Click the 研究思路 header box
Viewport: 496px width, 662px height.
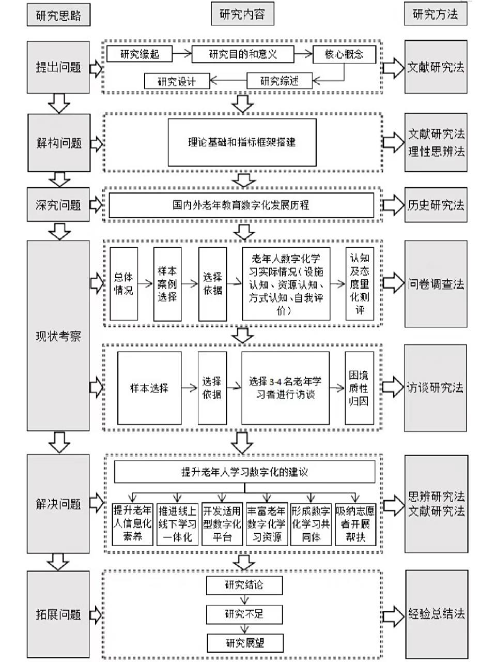[58, 14]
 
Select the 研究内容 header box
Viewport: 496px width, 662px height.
[242, 14]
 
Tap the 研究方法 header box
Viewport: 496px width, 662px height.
[435, 14]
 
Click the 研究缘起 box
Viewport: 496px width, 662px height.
[139, 54]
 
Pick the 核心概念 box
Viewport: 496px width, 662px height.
[344, 54]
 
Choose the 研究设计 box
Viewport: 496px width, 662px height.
[177, 81]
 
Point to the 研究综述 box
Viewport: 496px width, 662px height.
[280, 81]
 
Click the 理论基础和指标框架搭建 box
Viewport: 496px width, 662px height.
[242, 142]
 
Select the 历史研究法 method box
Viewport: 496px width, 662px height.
[436, 205]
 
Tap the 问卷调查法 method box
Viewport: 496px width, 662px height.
[436, 284]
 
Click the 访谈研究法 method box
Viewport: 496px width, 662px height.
[436, 387]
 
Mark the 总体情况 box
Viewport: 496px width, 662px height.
[123, 284]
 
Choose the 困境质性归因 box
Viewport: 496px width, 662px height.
[359, 388]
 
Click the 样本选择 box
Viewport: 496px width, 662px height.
[149, 388]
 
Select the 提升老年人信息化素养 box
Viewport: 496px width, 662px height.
[133, 524]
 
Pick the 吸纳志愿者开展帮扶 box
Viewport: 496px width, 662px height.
[355, 524]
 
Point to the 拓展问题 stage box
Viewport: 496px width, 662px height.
[58, 614]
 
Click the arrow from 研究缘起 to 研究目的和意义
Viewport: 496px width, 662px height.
[181, 53]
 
